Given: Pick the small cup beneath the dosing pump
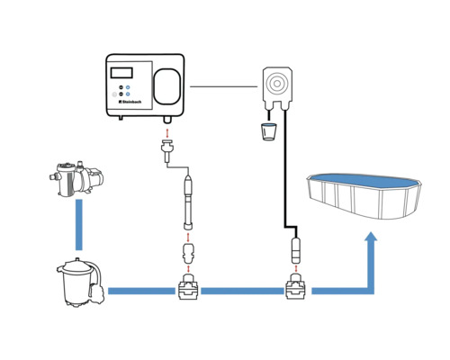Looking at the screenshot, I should click(x=267, y=132).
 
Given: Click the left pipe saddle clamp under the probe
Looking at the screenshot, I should click(x=187, y=291).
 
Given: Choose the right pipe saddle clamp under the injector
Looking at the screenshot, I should click(x=296, y=291).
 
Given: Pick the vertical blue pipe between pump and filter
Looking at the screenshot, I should click(x=80, y=225).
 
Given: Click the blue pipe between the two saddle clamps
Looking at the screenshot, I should click(x=241, y=291).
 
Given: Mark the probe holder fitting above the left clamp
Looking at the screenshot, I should click(x=187, y=252).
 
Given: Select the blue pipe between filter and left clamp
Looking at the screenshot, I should click(x=140, y=291).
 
